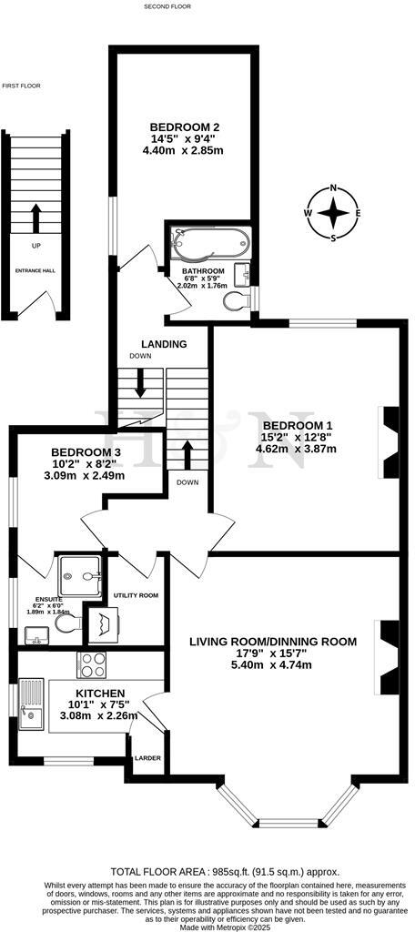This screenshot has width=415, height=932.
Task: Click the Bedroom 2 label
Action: coord(185,127)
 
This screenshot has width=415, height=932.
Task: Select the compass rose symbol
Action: coord(335,213)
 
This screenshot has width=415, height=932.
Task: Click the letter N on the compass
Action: coord(335,189)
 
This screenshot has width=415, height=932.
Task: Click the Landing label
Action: coord(164,344)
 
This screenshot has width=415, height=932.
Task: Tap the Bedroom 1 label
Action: coord(292,426)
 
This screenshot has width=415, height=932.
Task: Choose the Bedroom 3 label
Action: coord(86,452)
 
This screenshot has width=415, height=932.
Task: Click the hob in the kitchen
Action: coord(95,665)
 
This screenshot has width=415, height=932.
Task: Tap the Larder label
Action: coord(147,757)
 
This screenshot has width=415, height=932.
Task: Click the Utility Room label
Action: coord(137,595)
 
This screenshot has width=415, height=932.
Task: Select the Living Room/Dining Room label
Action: coord(273,642)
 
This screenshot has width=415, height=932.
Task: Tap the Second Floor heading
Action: coord(167,6)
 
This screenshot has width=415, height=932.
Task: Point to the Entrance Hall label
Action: coord(35,271)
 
